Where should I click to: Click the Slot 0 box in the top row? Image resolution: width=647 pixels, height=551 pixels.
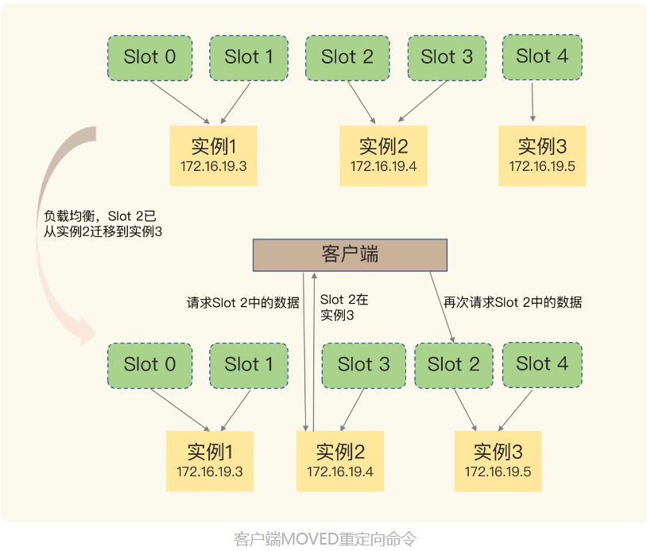149,57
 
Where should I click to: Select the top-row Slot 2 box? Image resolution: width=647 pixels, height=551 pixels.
347,57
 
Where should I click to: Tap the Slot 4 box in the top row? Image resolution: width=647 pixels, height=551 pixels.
542,56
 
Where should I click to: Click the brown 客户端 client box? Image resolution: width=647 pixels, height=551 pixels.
350,254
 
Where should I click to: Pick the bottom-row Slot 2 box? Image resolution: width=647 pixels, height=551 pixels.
454,365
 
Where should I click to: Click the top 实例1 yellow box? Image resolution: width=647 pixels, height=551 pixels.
214,155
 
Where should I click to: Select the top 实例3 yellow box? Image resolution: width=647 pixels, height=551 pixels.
542,155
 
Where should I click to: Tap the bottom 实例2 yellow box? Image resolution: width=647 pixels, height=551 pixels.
340,461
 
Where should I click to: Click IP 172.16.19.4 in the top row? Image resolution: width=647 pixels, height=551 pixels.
383,166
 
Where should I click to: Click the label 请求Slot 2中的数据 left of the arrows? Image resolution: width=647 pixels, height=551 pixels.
243,302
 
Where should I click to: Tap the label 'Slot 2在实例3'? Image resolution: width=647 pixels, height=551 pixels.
343,308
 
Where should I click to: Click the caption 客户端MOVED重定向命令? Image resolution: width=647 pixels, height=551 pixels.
324,538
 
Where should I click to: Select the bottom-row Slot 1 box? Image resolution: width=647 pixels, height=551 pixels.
248,365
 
